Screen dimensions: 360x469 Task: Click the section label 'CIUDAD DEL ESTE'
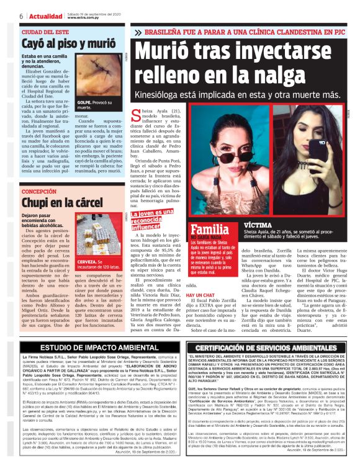click(x=45, y=32)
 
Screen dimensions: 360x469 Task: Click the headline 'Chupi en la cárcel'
click(x=61, y=203)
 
